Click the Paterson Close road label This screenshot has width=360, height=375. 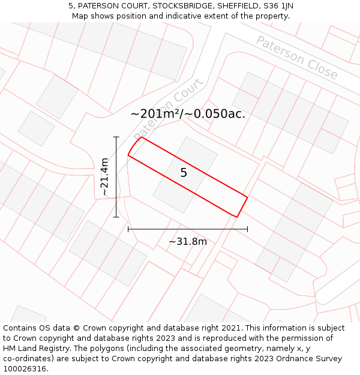tap(297, 57)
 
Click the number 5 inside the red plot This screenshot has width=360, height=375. tap(184, 173)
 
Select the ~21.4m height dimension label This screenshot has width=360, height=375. tap(104, 177)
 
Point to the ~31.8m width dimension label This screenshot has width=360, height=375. tap(187, 241)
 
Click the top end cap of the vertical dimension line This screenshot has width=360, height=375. tap(116, 137)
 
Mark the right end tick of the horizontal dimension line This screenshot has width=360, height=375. tap(247, 229)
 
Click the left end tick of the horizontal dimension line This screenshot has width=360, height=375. tap(128, 229)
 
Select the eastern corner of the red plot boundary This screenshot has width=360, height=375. tap(247, 196)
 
